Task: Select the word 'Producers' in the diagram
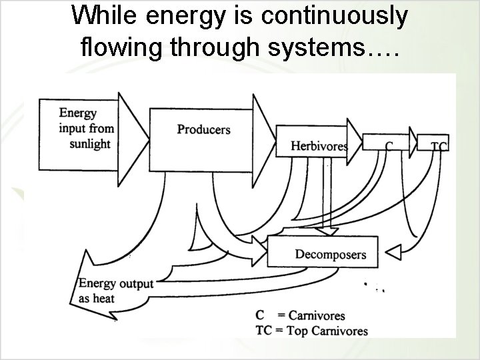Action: [204, 129]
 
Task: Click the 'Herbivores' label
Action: [319, 146]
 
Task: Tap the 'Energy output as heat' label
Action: [115, 291]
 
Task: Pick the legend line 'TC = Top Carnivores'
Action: [311, 331]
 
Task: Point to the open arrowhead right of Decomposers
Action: [394, 252]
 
